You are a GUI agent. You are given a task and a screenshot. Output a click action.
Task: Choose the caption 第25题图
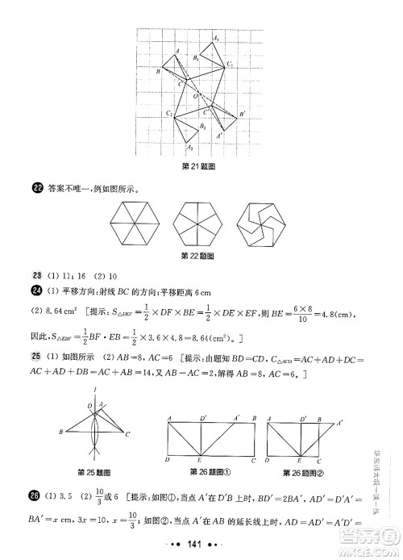(93, 471)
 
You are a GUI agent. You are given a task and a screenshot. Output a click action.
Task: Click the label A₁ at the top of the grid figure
(216, 38)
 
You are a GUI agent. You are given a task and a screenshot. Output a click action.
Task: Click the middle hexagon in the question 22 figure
(197, 224)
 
